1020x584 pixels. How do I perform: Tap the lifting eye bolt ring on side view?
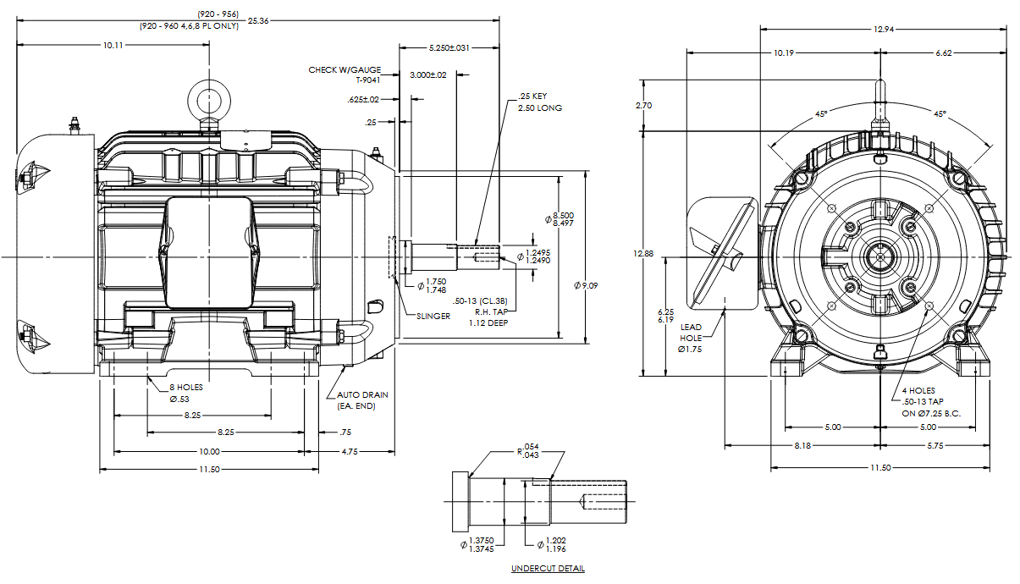(x=208, y=98)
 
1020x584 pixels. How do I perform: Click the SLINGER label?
(x=433, y=317)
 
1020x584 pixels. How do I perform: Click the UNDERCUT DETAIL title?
(x=548, y=569)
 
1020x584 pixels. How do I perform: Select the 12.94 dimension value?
(x=882, y=30)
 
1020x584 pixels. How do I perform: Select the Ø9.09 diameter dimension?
(x=587, y=287)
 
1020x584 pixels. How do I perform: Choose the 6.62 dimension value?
(x=944, y=53)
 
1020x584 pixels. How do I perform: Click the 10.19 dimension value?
(x=784, y=53)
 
